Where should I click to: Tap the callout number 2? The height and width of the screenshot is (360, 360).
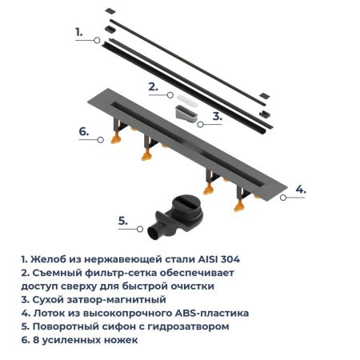pyautogui.click(x=152, y=84)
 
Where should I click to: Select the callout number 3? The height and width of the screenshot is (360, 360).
pyautogui.click(x=217, y=115)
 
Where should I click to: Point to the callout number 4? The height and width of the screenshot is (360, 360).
pyautogui.click(x=300, y=189)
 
